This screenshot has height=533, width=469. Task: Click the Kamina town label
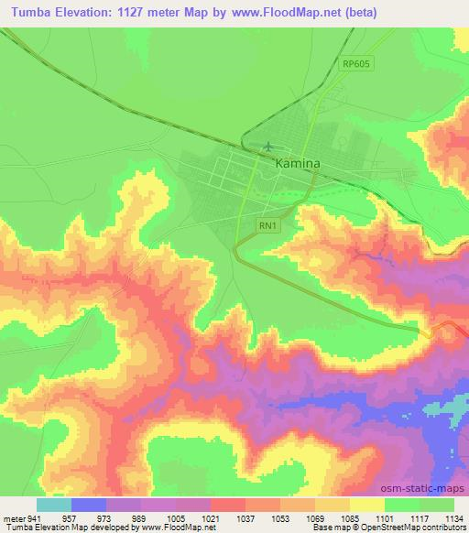click(x=298, y=163)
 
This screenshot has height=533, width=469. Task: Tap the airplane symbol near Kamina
click(x=267, y=146)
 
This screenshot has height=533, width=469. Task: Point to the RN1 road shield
click(x=267, y=223)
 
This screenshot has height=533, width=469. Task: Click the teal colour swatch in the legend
click(x=54, y=505)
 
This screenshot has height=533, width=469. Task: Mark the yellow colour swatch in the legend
click(x=367, y=505)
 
